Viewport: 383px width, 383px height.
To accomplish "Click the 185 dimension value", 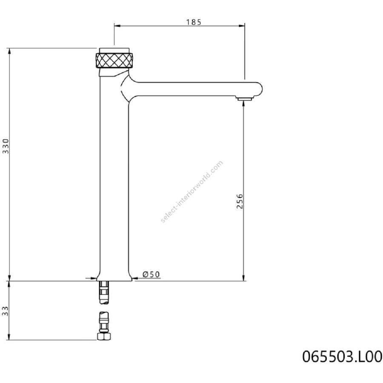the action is [194, 22].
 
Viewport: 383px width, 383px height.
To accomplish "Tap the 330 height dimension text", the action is [6, 146].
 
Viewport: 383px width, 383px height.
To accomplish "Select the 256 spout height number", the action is [240, 201].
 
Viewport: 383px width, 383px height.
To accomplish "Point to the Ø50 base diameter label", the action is [151, 274].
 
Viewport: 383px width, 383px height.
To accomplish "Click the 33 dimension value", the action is [6, 311].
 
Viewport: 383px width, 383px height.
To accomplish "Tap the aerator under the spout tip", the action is [244, 98].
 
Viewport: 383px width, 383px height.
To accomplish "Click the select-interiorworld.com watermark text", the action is [192, 191].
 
